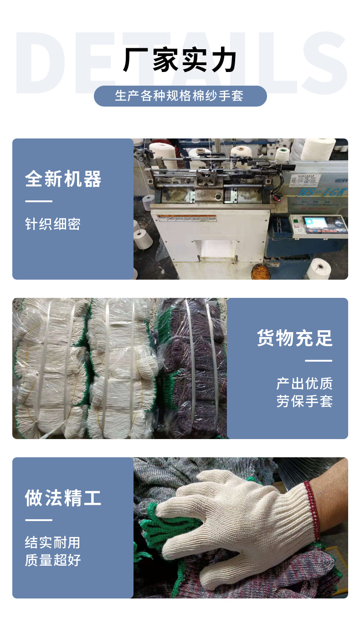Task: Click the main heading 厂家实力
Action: point(180,61)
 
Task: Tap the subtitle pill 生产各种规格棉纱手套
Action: point(180,96)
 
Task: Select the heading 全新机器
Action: point(63,179)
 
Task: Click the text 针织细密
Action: point(53,224)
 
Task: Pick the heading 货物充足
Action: point(295,338)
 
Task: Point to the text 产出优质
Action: point(304,384)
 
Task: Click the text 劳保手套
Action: point(304,401)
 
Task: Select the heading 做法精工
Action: point(63,497)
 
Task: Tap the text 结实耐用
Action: point(53,542)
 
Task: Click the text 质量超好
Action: point(53,560)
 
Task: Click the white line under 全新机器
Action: point(39,201)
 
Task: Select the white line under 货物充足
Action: point(319,361)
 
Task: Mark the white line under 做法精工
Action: point(39,520)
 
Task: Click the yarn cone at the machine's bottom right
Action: point(319,268)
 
